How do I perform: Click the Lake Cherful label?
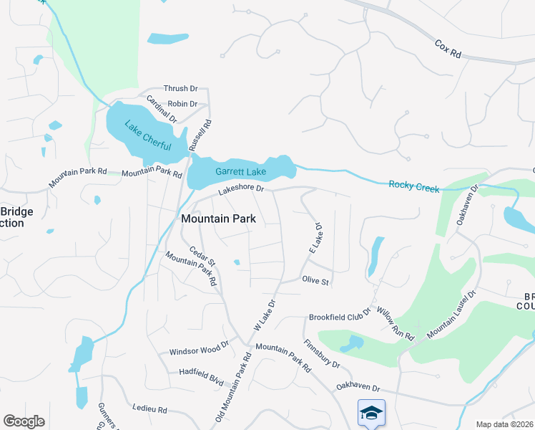148,135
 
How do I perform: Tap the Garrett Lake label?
240,172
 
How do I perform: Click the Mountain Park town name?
219,218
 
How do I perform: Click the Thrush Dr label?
180,88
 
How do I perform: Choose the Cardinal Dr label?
161,108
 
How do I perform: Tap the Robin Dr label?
182,104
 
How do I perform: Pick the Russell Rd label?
201,135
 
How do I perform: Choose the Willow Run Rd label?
396,321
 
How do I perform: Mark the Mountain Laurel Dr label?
452,316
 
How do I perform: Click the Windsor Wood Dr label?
198,352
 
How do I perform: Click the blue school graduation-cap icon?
371,412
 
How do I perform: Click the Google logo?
24,421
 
